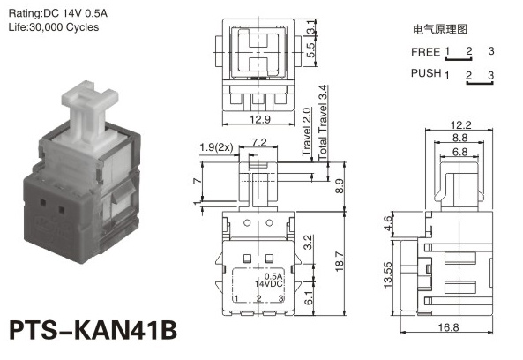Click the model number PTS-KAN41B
point(93,330)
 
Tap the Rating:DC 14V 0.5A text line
point(57,13)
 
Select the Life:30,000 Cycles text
point(54,27)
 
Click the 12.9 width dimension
point(260,119)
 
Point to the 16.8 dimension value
point(448,327)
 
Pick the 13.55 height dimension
point(387,274)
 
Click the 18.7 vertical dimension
point(340,261)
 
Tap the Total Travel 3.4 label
point(322,123)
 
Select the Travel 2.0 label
point(307,131)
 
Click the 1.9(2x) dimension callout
point(216,147)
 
